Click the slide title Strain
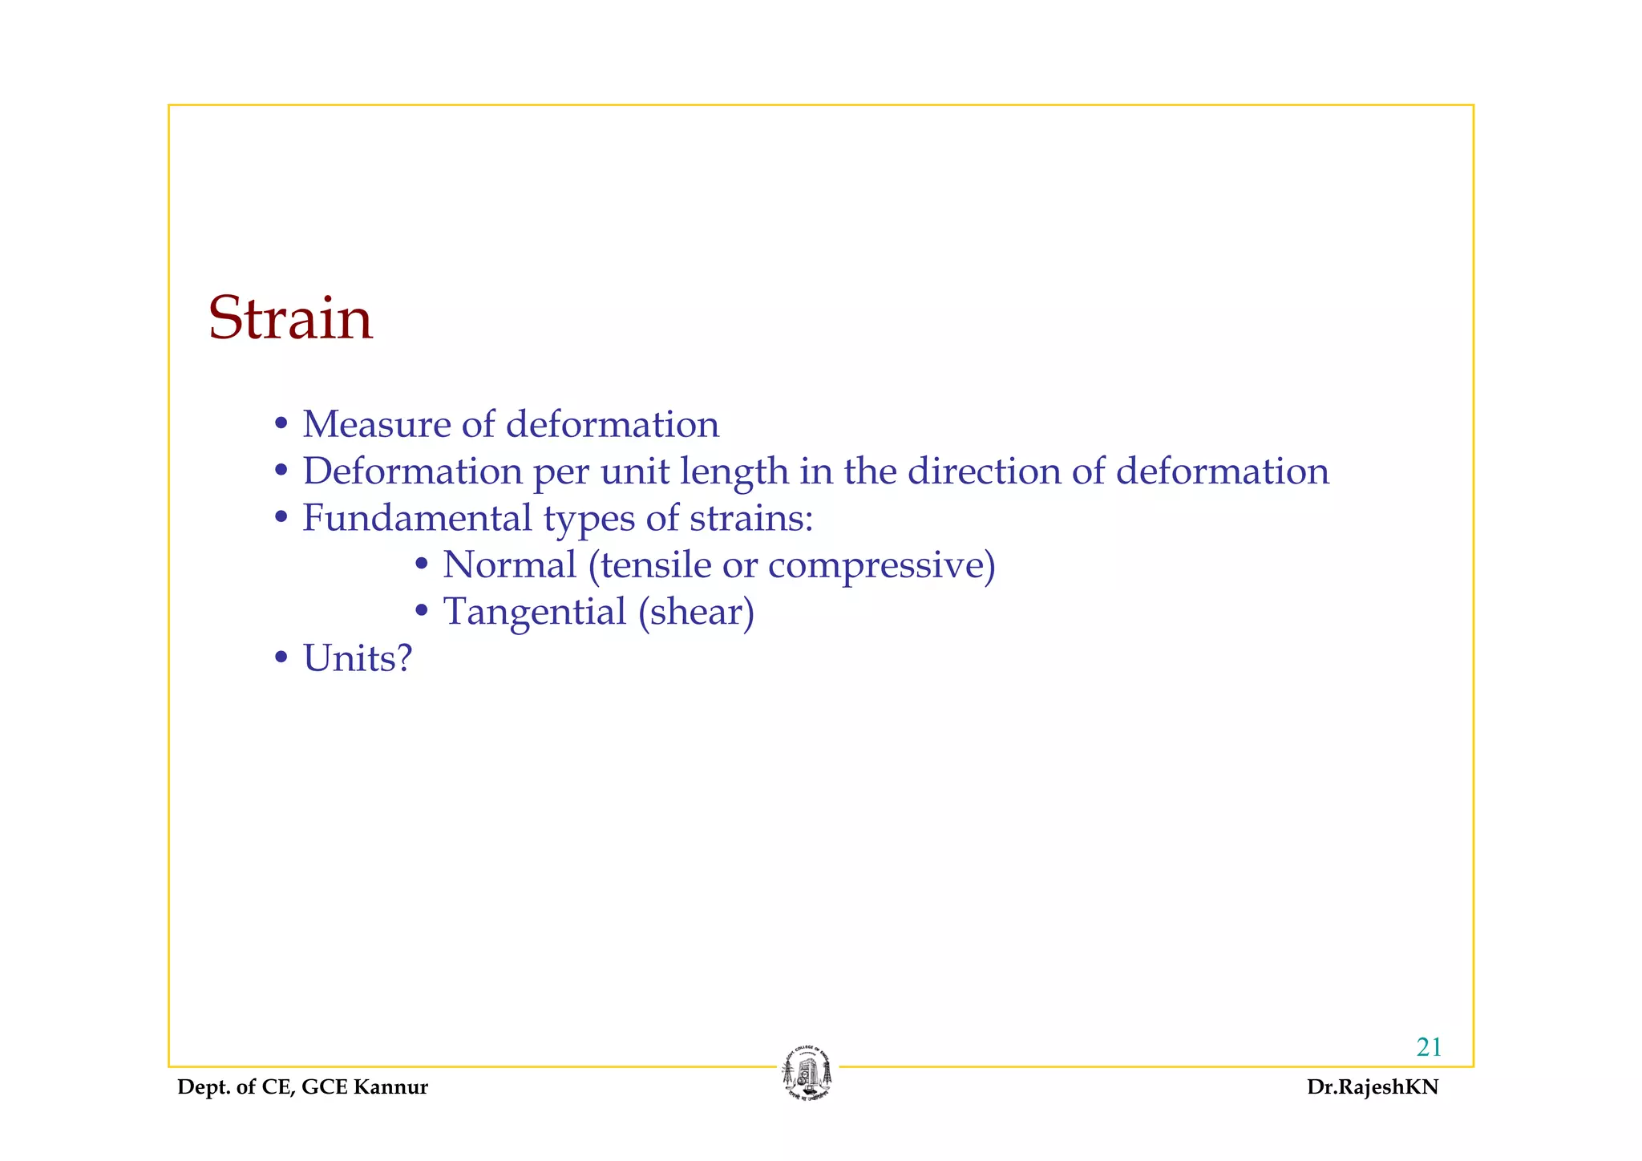(x=290, y=318)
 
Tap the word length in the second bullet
(x=734, y=471)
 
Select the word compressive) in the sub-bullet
(x=881, y=566)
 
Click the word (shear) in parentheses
(x=697, y=613)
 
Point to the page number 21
(x=1429, y=1047)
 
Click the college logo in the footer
(x=807, y=1074)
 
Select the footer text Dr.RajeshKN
(x=1373, y=1087)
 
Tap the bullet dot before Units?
(x=281, y=659)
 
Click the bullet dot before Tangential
(x=422, y=613)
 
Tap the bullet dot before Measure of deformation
(x=281, y=424)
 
